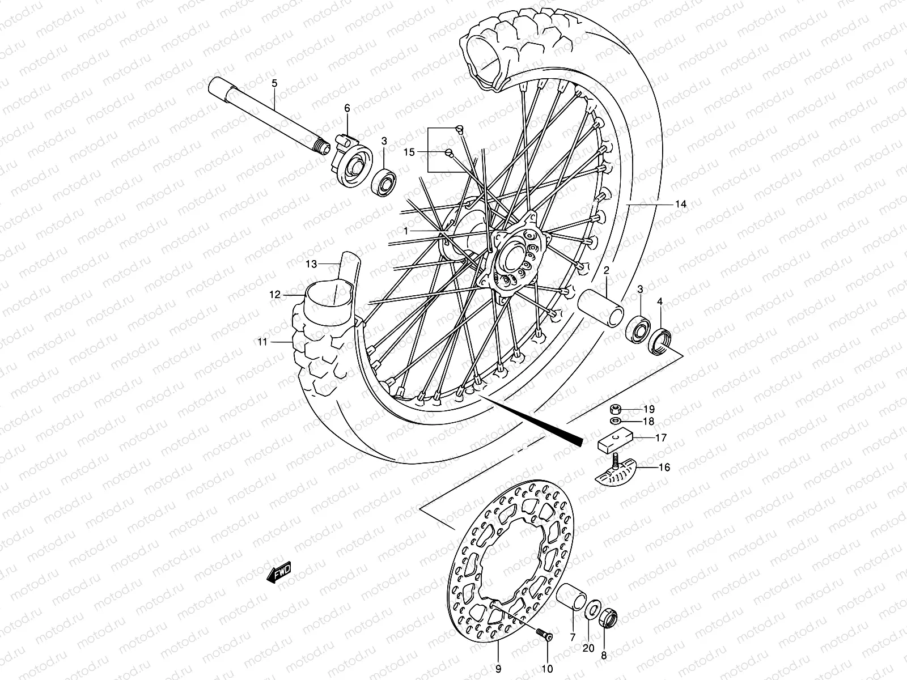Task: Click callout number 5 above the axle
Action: [274, 84]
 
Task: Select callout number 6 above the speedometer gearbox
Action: [363, 108]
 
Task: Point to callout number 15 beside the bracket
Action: [409, 152]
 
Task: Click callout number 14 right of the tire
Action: [680, 204]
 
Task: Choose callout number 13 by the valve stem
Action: [311, 263]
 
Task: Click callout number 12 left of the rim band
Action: [275, 295]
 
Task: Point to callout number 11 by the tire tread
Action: [262, 342]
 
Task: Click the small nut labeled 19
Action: [616, 409]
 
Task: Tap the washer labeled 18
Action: [616, 421]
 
